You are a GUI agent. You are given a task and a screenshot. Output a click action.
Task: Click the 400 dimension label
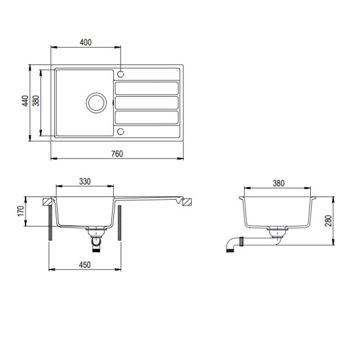tap(85, 42)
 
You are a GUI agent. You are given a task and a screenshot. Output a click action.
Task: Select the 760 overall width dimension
tap(117, 154)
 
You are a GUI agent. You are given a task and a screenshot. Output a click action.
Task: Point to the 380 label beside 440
tap(36, 102)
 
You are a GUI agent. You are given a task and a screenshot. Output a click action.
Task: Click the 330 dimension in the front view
tap(85, 181)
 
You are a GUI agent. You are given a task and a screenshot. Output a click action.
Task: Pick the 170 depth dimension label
tap(20, 211)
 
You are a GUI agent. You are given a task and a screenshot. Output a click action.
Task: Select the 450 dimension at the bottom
tap(85, 264)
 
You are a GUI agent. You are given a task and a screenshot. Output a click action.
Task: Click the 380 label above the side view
tap(278, 184)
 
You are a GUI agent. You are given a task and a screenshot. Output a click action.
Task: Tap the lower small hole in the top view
tap(121, 132)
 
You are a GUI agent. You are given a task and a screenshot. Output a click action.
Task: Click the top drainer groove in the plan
tap(147, 88)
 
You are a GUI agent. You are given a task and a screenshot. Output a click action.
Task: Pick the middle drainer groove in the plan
tap(147, 103)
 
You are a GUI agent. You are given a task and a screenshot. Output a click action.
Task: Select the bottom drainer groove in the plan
tap(147, 117)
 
